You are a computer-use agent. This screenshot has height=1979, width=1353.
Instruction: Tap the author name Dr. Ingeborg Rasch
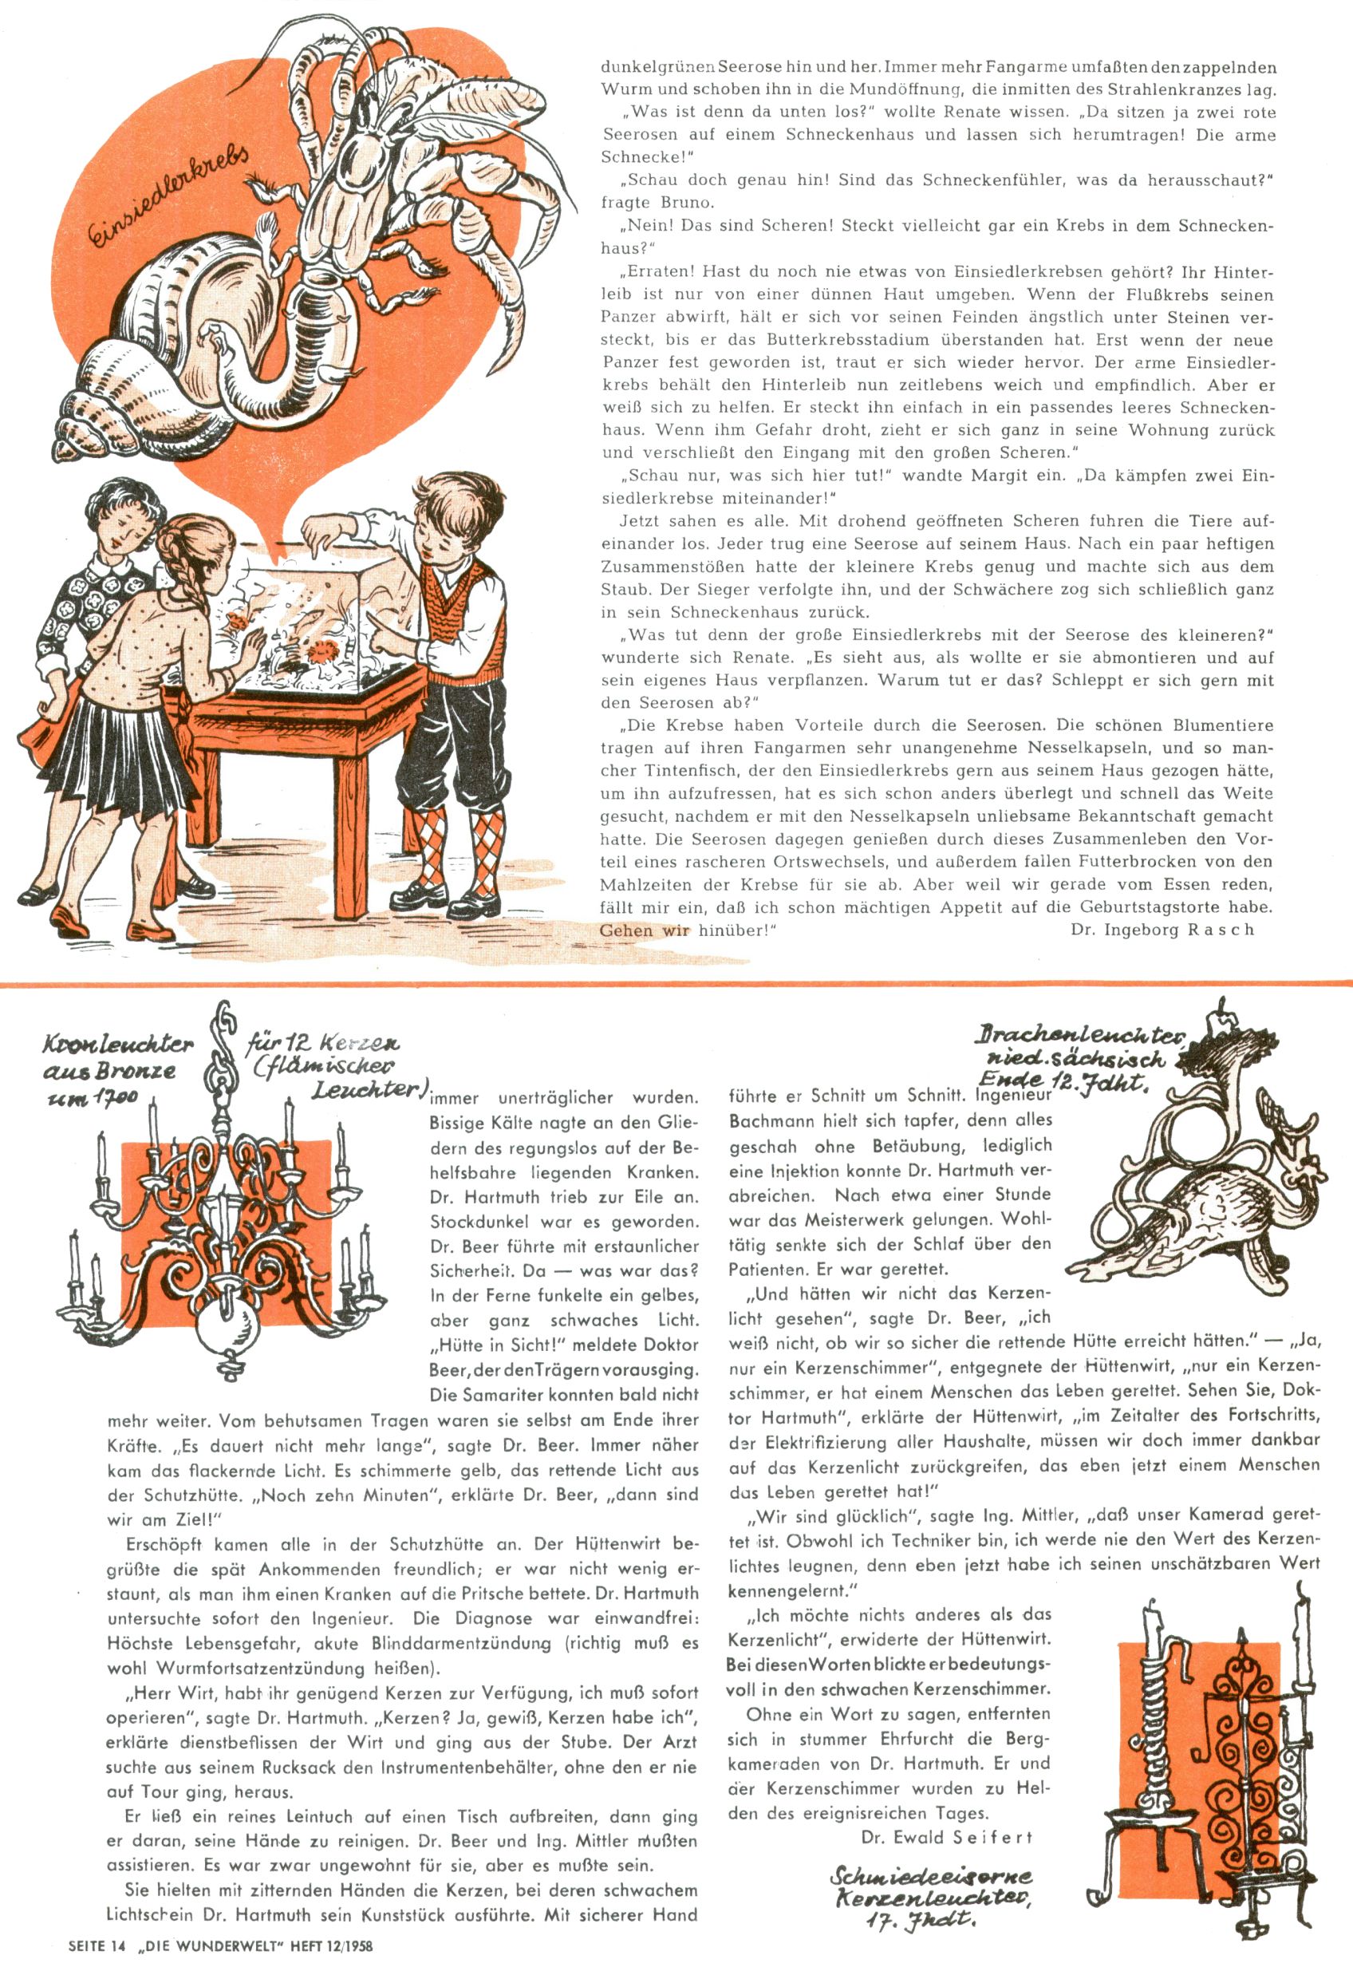tap(1162, 929)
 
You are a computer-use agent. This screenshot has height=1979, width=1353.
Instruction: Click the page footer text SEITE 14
tap(99, 1964)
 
